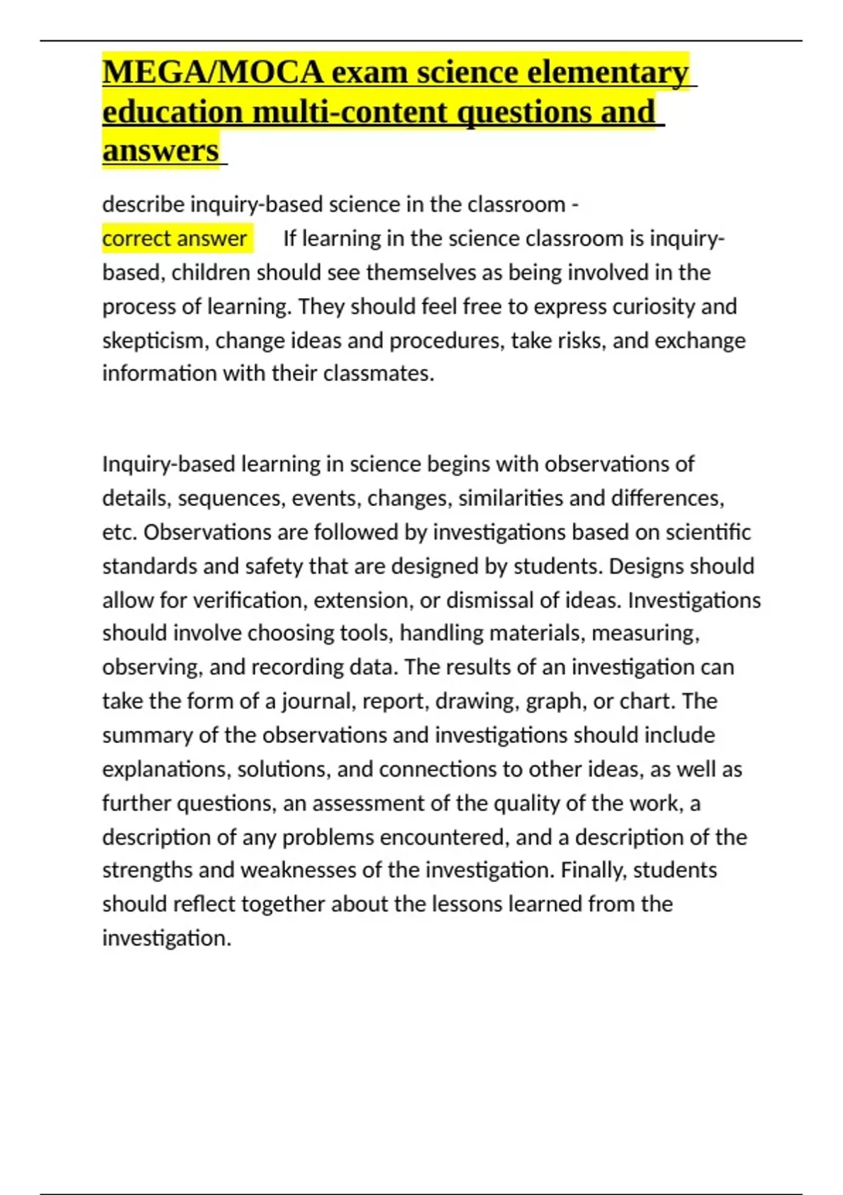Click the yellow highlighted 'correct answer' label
point(174,238)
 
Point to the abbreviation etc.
point(119,532)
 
